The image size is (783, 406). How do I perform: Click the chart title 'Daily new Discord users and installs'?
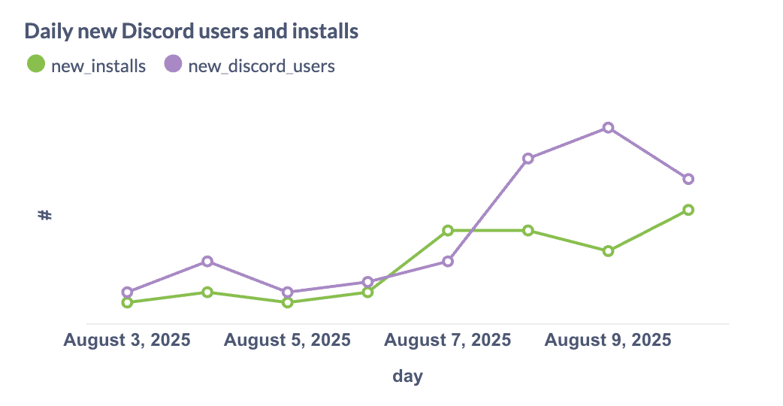(191, 32)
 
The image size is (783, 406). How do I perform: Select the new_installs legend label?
(98, 65)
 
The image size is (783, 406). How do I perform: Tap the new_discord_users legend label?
(261, 65)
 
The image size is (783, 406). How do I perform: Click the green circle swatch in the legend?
(36, 64)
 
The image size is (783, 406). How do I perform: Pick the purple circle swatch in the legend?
(173, 64)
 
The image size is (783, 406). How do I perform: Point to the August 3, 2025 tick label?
(127, 340)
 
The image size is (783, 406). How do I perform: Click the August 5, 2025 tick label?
(287, 340)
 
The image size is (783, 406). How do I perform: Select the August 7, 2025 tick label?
(448, 340)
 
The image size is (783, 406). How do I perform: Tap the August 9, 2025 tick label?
(608, 340)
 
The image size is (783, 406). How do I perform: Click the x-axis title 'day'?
(407, 376)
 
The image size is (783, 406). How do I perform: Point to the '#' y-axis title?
(45, 215)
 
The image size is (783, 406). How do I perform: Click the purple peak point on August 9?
(608, 128)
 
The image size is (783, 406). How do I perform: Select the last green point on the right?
(688, 210)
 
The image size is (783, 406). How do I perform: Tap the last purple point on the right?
(688, 179)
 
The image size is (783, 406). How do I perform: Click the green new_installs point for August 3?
(127, 302)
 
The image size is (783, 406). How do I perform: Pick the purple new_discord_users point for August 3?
(127, 292)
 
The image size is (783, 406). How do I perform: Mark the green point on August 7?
(448, 230)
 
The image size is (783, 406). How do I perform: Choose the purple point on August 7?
(448, 261)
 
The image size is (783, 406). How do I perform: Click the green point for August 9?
(608, 251)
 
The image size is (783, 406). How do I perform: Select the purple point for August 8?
(528, 159)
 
